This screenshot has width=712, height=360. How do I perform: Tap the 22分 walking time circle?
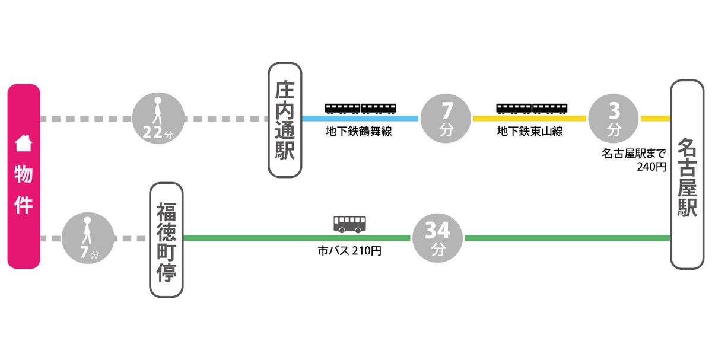(x=158, y=119)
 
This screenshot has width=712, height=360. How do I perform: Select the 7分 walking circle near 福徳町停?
(x=88, y=238)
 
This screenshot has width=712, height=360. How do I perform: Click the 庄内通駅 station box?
(x=285, y=121)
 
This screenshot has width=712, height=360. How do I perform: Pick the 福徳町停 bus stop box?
(x=167, y=240)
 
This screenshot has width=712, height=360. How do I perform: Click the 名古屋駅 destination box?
(x=687, y=176)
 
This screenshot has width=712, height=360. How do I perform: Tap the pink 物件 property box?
(x=24, y=177)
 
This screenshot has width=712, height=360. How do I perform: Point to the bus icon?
(x=350, y=224)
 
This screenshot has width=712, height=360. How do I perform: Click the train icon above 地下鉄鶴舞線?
(x=361, y=107)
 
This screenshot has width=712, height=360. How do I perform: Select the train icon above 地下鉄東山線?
(x=532, y=107)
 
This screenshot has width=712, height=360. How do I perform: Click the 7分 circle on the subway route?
(x=446, y=119)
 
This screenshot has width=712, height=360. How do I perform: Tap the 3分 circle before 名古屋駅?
(x=614, y=119)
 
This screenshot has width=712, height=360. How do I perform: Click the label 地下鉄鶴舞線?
(x=359, y=132)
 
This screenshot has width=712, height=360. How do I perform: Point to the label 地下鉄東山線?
(x=530, y=132)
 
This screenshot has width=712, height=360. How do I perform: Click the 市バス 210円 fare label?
(x=349, y=251)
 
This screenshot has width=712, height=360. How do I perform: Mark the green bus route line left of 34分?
(x=297, y=238)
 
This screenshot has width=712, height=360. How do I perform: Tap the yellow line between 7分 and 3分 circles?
(x=529, y=119)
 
